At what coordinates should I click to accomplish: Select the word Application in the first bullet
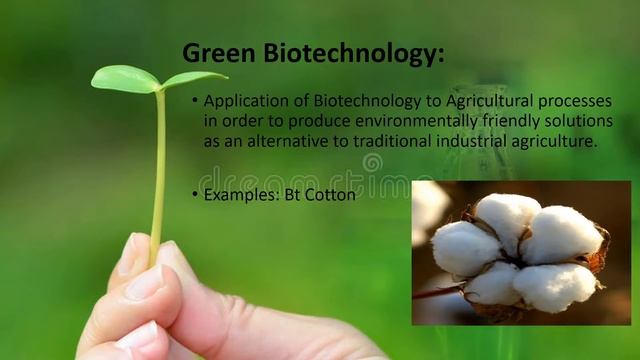click(x=245, y=101)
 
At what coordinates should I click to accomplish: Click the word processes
click(x=575, y=102)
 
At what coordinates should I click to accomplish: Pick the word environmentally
click(x=346, y=121)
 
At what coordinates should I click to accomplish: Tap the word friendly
click(x=451, y=121)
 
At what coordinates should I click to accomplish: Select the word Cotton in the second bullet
click(x=332, y=195)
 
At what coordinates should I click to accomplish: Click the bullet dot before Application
click(x=195, y=101)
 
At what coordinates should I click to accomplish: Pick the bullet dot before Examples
click(x=195, y=195)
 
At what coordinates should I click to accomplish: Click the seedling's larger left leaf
click(x=124, y=79)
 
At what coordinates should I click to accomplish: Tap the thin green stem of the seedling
click(x=158, y=170)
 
